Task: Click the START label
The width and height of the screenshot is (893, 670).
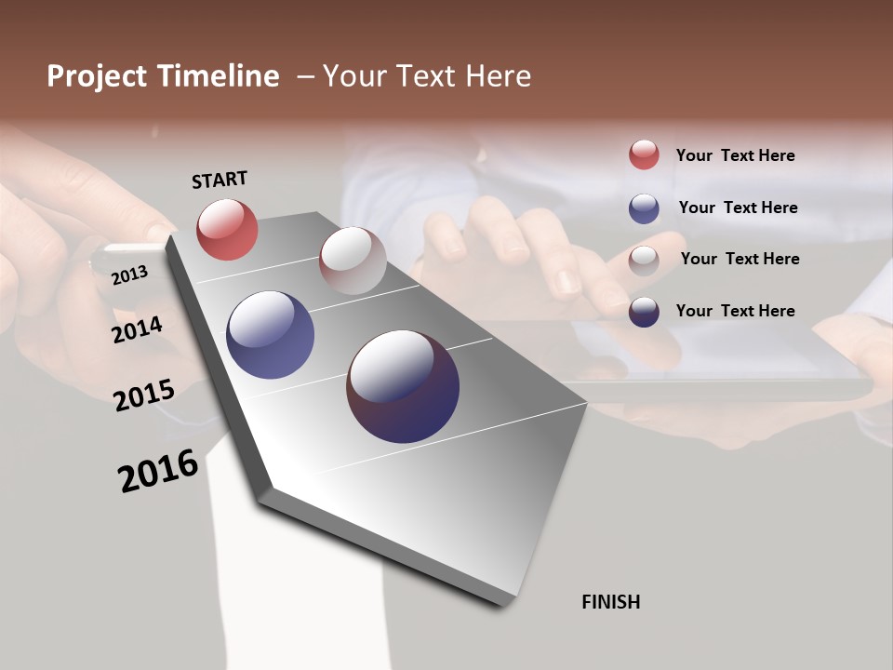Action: (220, 180)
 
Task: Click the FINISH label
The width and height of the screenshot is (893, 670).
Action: (610, 602)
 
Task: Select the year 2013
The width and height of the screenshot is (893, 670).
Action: (129, 275)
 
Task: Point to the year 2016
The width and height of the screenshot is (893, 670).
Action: (158, 470)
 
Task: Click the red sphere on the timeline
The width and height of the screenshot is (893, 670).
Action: (227, 229)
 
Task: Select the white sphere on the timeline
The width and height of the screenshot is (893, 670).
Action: (353, 261)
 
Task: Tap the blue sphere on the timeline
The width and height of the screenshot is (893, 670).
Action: (270, 335)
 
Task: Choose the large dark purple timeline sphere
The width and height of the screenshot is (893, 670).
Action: (403, 386)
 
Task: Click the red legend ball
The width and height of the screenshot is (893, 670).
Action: (644, 154)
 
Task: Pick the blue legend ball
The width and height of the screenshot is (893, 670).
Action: (644, 208)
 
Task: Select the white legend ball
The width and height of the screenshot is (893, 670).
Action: (644, 260)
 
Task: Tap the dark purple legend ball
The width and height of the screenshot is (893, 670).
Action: (644, 312)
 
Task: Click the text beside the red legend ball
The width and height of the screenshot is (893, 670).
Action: (735, 155)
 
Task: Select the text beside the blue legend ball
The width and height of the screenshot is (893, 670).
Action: (738, 208)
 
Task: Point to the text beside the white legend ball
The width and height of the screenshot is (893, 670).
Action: (740, 259)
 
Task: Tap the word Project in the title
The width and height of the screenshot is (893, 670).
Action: (97, 76)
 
